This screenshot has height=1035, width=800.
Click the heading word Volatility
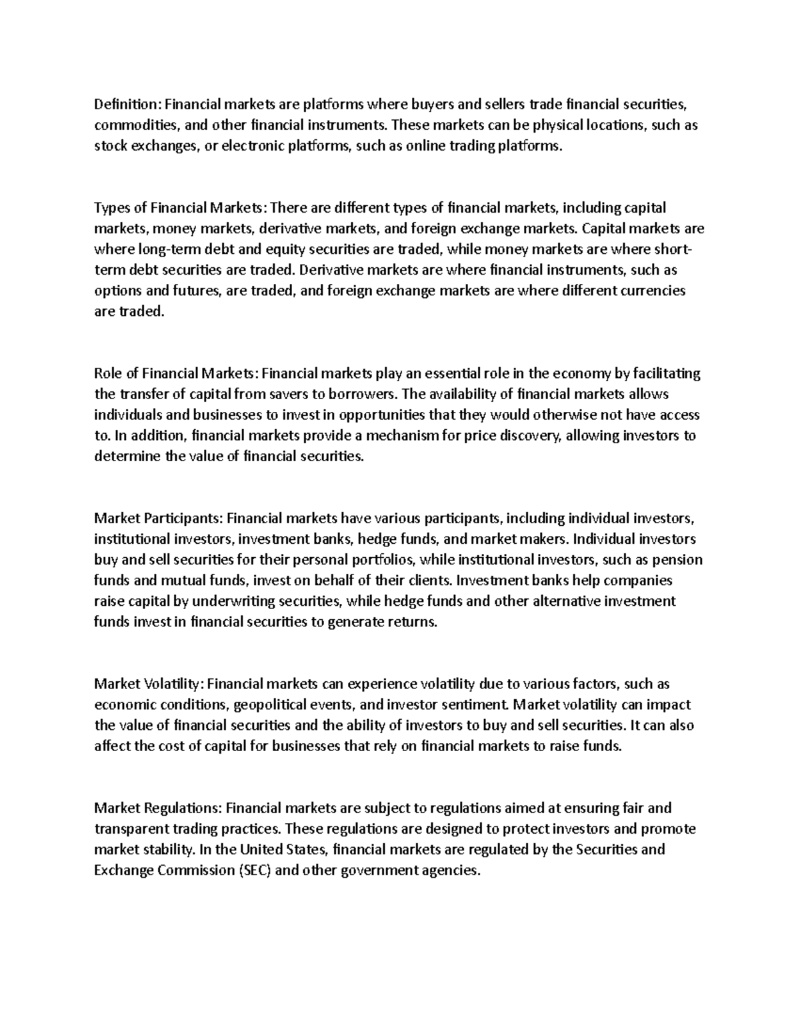[173, 684]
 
